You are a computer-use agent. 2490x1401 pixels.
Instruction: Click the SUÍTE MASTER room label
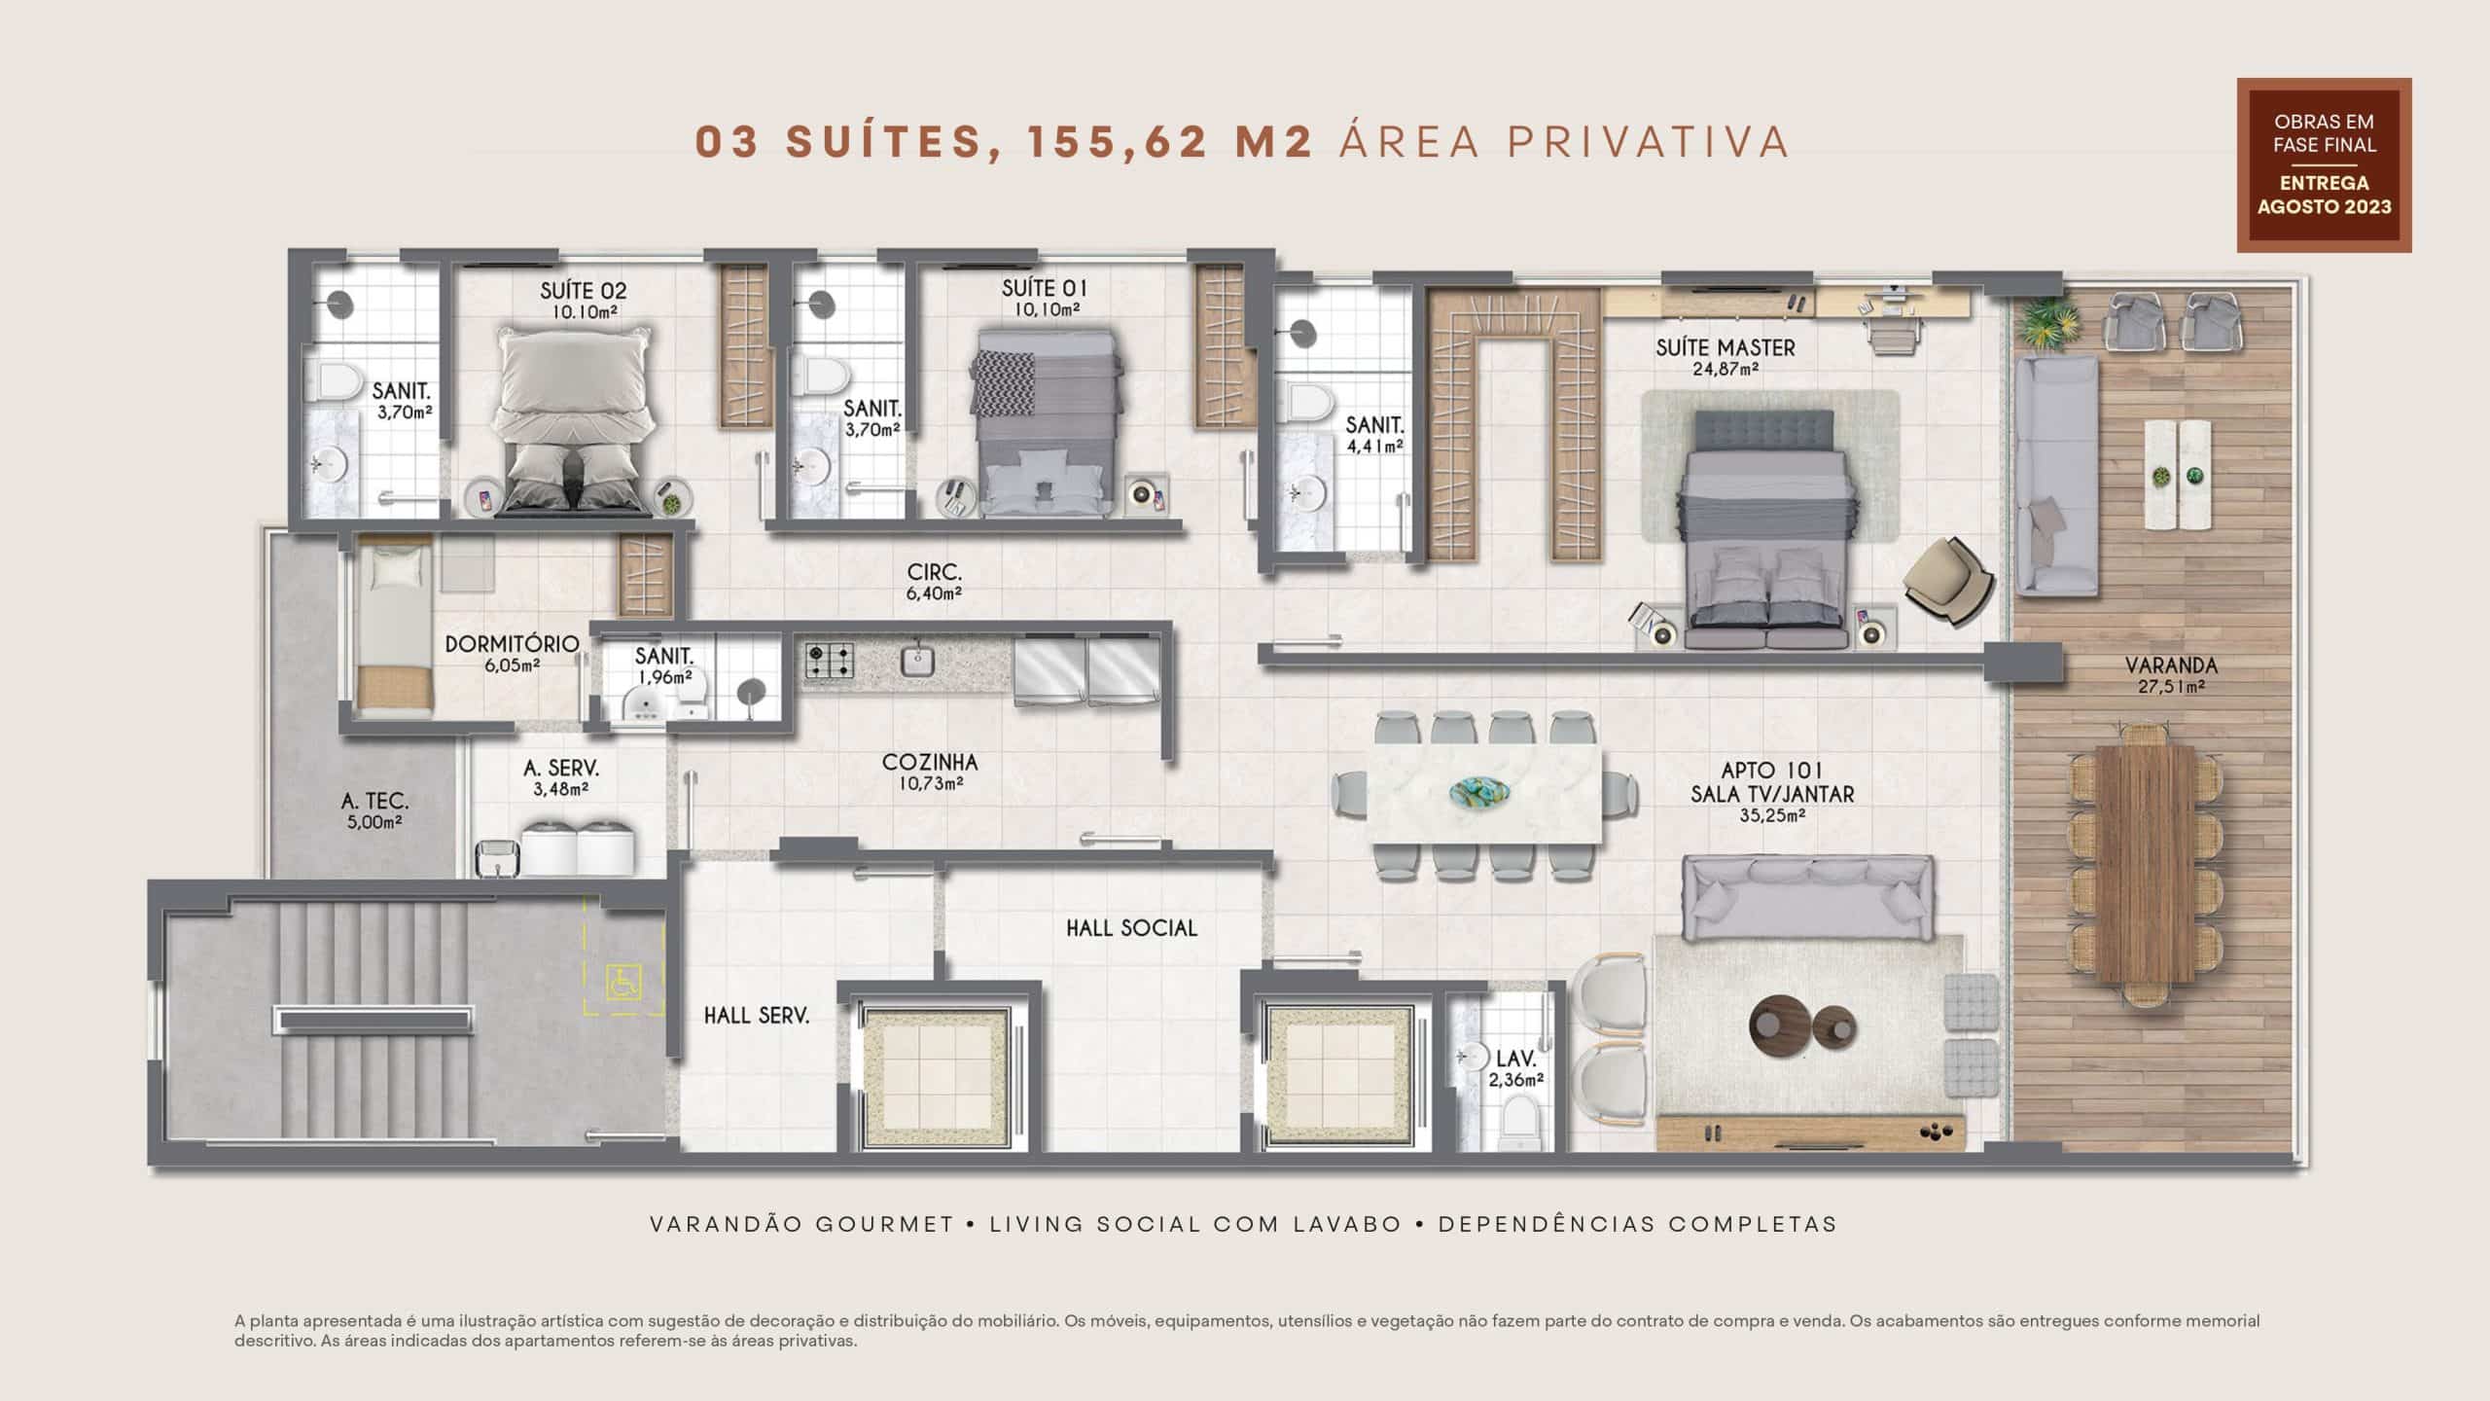click(1725, 347)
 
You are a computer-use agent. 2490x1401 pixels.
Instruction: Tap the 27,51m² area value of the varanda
click(2170, 687)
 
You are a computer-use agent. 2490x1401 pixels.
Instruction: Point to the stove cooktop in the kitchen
click(830, 662)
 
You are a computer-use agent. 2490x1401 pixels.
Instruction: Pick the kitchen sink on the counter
click(916, 661)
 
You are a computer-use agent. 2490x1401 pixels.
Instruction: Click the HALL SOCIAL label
click(1131, 928)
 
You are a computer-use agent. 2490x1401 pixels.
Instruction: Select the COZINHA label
click(930, 763)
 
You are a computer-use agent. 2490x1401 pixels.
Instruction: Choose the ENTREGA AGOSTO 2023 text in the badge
click(2324, 195)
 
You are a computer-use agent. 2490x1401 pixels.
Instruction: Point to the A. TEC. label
click(374, 802)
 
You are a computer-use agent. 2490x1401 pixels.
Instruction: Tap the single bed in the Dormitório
click(394, 627)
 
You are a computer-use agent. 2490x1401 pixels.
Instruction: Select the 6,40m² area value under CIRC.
click(934, 593)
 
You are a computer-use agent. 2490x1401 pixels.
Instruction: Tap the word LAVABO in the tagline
click(1347, 1224)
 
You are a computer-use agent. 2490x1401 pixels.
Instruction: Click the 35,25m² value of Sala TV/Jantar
click(1772, 815)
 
